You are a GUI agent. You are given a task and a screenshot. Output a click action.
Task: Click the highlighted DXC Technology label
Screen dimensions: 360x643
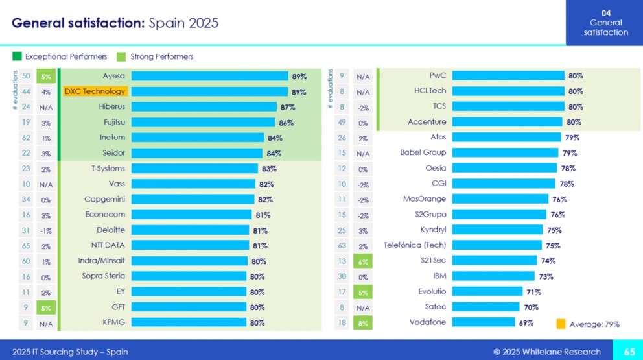point(95,91)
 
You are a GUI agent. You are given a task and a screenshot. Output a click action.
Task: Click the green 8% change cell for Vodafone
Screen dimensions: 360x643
point(362,322)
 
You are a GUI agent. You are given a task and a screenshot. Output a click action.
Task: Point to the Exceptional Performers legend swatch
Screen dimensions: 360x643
point(18,56)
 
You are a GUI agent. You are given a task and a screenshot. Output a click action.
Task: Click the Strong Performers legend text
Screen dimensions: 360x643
point(161,56)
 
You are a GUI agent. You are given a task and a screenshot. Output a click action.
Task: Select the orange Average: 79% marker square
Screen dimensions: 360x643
point(561,323)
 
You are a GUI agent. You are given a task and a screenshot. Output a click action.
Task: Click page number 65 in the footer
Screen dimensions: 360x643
point(629,352)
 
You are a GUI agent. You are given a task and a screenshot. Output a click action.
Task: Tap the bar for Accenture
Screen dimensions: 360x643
point(507,122)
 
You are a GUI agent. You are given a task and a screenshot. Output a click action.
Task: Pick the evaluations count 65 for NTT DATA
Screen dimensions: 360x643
point(26,245)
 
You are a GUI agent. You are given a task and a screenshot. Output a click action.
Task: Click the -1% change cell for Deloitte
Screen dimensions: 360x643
point(45,230)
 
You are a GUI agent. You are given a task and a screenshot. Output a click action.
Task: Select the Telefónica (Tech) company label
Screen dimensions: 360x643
point(415,245)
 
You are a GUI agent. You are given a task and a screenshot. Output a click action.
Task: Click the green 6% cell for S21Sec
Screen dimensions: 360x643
point(362,261)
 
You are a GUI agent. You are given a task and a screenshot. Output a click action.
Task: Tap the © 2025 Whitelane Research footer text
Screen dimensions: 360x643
point(546,352)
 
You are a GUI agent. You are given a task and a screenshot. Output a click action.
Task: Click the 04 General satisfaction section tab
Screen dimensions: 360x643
point(604,23)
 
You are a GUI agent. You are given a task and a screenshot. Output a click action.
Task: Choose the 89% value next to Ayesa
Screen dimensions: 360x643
point(299,76)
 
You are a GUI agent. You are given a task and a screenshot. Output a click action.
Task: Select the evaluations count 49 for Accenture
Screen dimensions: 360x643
point(342,122)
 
